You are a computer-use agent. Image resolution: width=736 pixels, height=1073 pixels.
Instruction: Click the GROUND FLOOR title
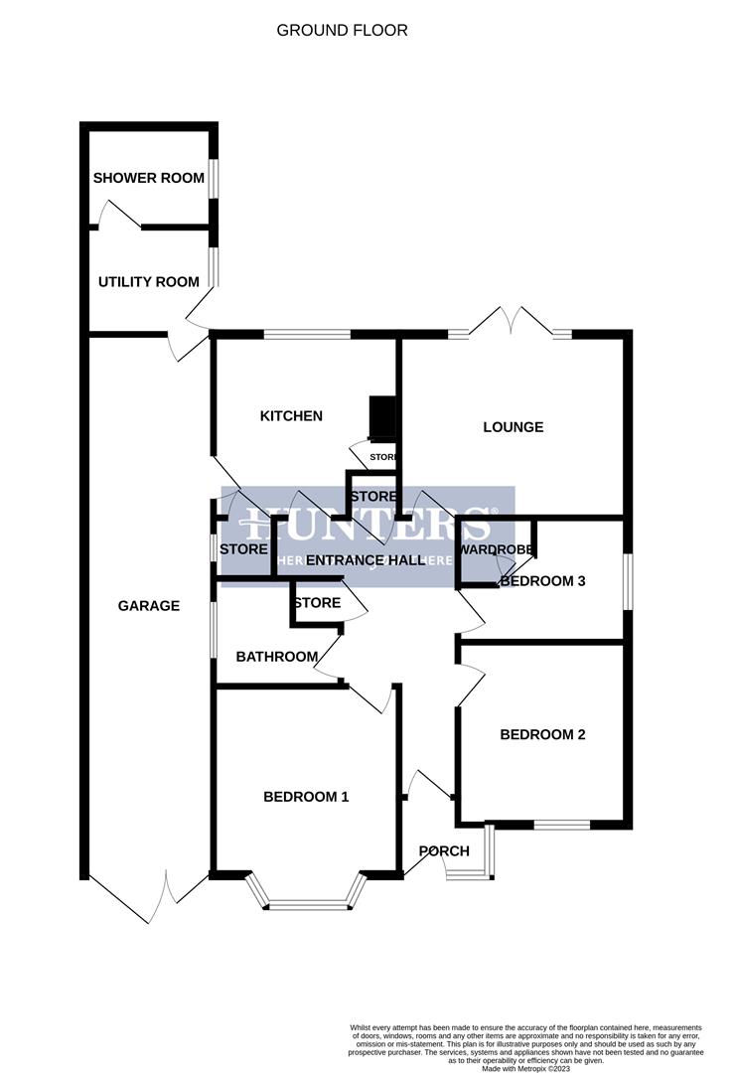[x=342, y=31]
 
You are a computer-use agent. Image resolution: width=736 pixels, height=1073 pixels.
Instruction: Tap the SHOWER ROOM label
[x=148, y=179]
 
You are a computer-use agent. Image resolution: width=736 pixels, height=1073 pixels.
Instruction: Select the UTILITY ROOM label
[x=148, y=282]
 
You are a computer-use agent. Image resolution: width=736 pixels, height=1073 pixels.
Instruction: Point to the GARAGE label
[x=149, y=605]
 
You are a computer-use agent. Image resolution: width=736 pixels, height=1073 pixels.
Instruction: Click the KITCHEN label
[x=291, y=416]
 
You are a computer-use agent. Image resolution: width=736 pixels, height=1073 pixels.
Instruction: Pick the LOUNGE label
[x=513, y=427]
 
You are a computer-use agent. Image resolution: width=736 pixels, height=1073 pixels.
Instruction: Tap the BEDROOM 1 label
[x=306, y=797]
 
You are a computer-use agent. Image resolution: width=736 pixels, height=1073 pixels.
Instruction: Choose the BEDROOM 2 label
[x=542, y=735]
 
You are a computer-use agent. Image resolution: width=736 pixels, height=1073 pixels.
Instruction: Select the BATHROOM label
[x=277, y=657]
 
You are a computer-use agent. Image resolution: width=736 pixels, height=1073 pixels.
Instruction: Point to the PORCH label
[x=444, y=851]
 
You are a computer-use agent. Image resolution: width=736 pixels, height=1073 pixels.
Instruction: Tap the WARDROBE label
[x=496, y=549]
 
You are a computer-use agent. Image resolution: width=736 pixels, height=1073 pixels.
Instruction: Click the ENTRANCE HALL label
[x=359, y=560]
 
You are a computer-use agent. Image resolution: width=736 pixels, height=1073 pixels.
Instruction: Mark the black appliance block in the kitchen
[x=382, y=417]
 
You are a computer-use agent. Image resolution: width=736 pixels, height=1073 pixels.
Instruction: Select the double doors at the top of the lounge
[x=511, y=323]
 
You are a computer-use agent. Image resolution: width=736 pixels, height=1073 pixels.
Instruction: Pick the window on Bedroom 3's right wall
[x=627, y=580]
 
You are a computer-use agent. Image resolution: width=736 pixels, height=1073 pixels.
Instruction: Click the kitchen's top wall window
[x=307, y=335]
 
